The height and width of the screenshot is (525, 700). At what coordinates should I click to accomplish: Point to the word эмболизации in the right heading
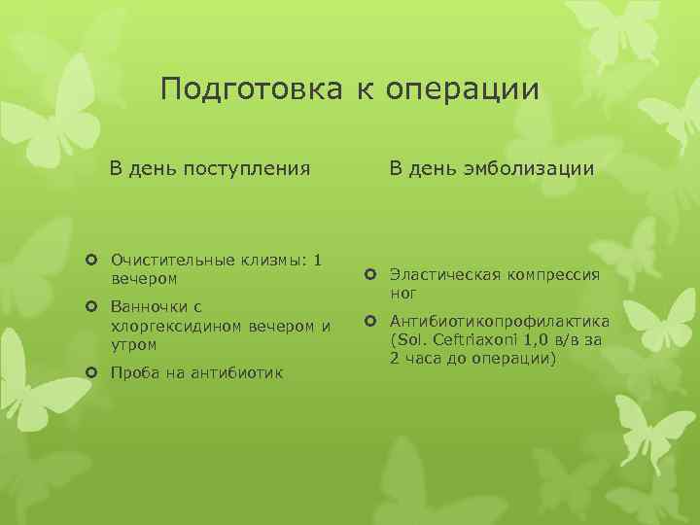(534, 169)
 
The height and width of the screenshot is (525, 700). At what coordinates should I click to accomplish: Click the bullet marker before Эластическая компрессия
(370, 275)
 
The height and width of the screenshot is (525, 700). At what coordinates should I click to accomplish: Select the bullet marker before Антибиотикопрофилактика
(370, 322)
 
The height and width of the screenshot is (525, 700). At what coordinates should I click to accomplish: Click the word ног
(403, 292)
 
